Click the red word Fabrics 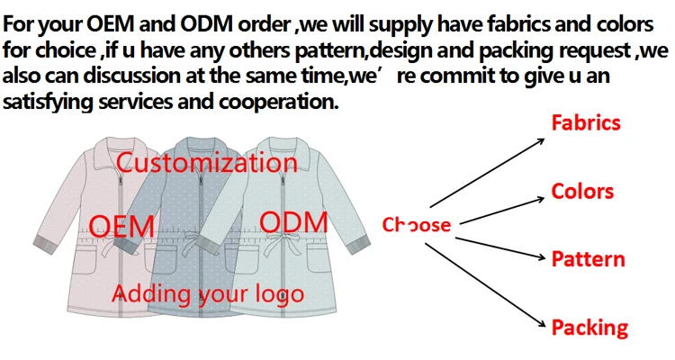pyautogui.click(x=586, y=121)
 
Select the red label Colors pyautogui.click(x=581, y=191)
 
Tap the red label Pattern pyautogui.click(x=588, y=259)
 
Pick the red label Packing pyautogui.click(x=589, y=327)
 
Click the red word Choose pyautogui.click(x=416, y=224)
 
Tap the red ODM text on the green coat pyautogui.click(x=287, y=220)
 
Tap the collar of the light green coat pyautogui.click(x=275, y=143)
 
